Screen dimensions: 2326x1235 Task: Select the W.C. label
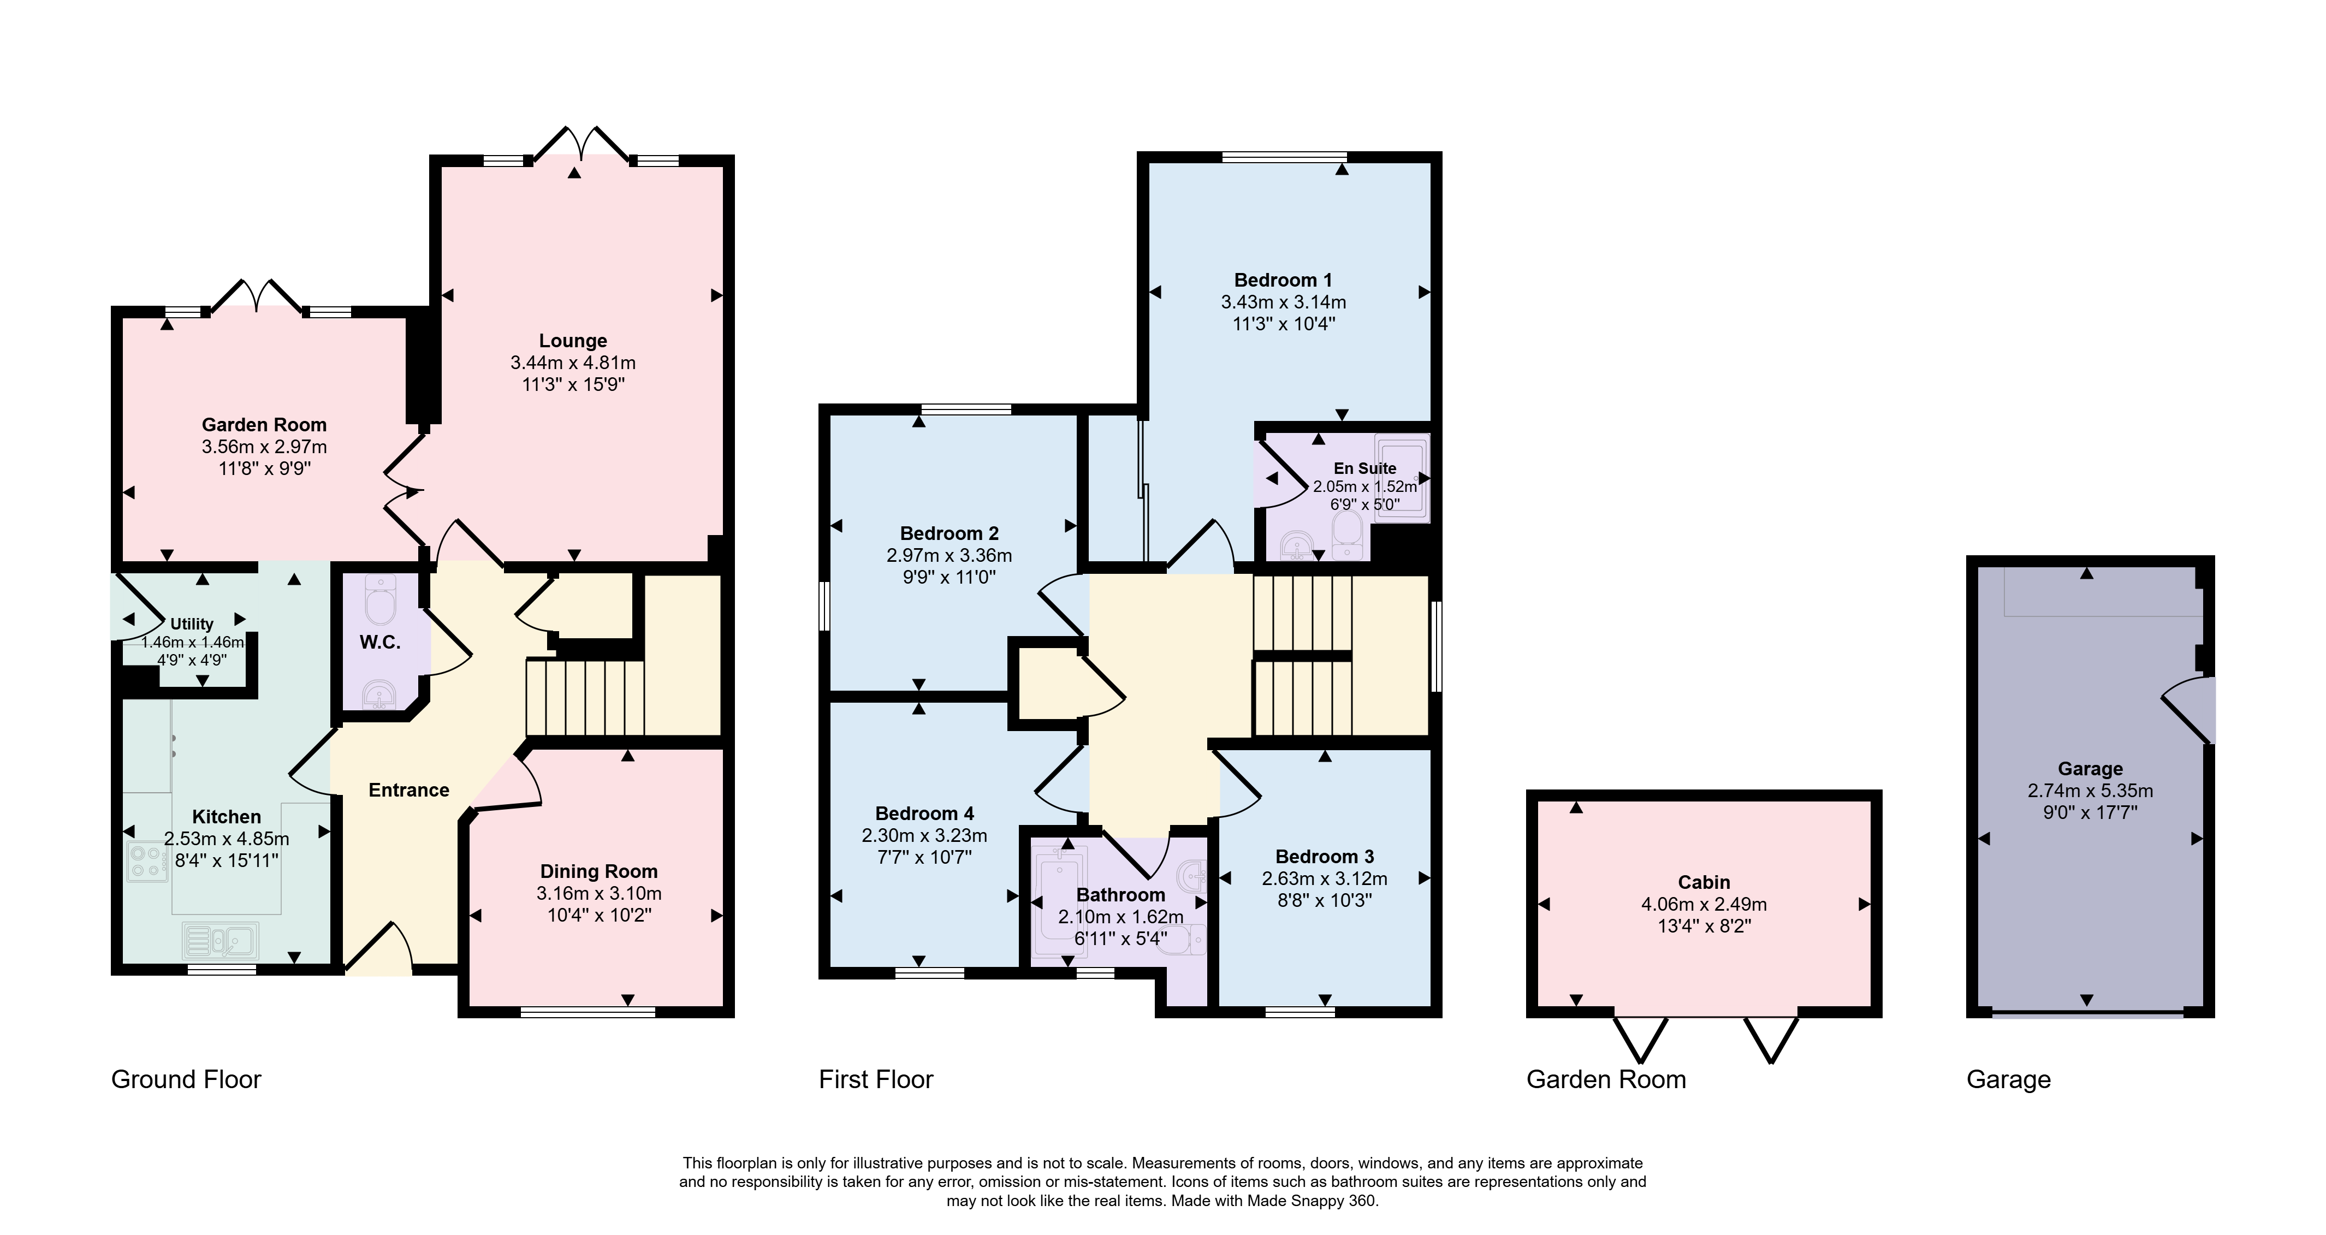380,642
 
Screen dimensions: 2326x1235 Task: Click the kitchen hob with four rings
146,861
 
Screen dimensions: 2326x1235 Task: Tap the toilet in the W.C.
380,601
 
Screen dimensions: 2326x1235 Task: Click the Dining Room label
598,871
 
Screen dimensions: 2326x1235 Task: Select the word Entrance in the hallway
409,790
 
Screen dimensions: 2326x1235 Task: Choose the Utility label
192,624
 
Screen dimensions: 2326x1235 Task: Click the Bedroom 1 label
1283,280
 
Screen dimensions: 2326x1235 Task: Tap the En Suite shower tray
1402,478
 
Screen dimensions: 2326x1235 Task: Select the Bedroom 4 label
924,814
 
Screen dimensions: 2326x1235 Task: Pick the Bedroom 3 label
1325,857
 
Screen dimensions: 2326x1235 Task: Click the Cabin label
1704,882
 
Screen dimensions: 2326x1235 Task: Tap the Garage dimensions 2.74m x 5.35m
2090,791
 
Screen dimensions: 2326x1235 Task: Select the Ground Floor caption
186,1080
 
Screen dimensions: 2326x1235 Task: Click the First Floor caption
876,1080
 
